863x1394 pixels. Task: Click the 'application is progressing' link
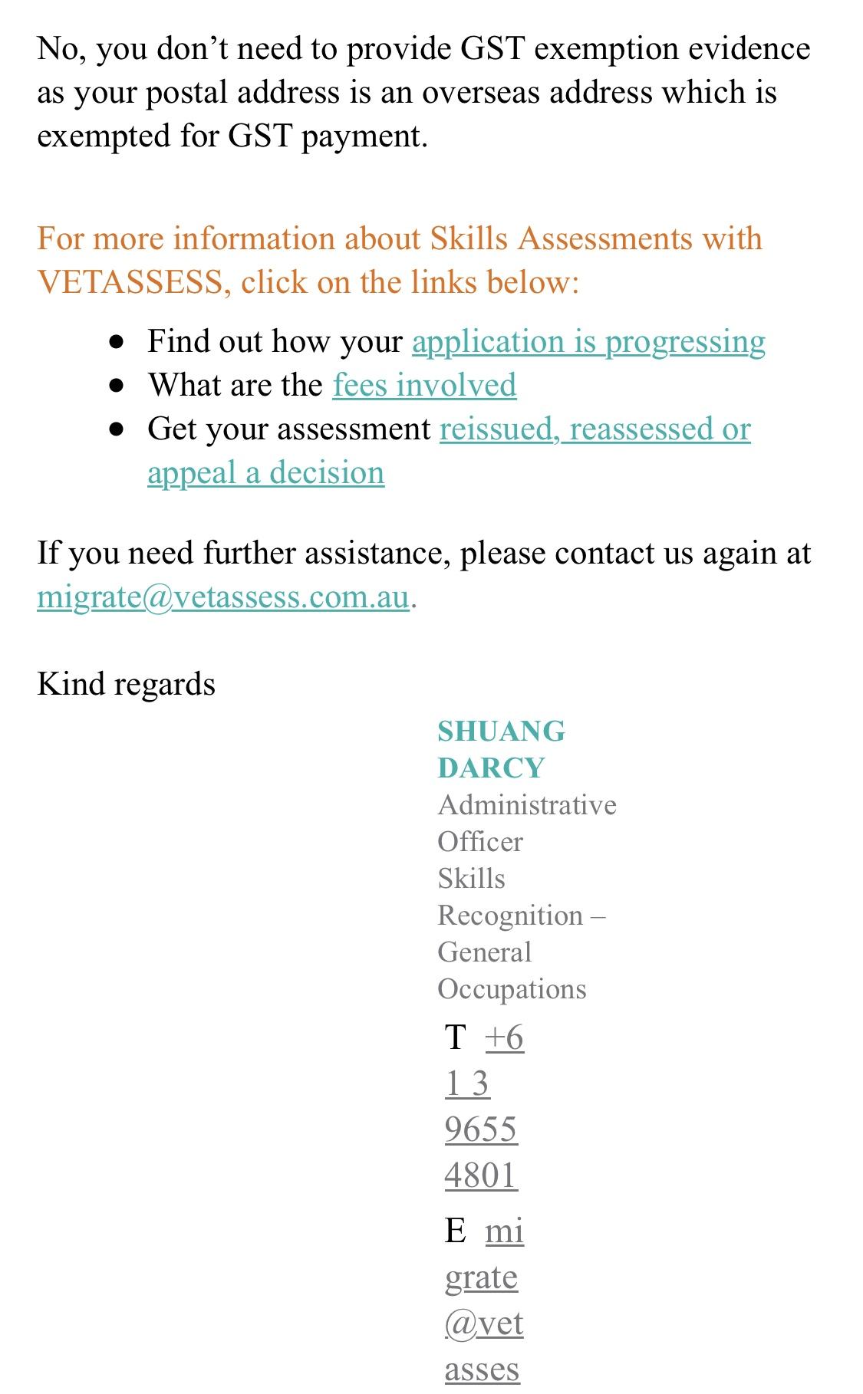pos(588,342)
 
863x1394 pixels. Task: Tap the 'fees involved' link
pos(424,385)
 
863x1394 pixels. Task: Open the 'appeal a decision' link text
pos(265,473)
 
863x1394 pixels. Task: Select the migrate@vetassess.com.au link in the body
pos(222,597)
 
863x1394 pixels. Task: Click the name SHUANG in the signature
pos(501,732)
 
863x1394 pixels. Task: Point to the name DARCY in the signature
pos(491,768)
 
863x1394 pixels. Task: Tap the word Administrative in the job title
pos(527,805)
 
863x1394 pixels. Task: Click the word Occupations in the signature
pos(512,989)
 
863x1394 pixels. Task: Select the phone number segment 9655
pos(481,1129)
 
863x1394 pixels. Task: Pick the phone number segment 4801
pos(481,1175)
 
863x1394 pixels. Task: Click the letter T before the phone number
pos(456,1038)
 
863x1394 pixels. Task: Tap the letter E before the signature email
pos(456,1231)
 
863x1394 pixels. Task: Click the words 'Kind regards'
pos(126,684)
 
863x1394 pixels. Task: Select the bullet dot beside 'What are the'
pos(117,386)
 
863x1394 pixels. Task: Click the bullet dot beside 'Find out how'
pos(117,342)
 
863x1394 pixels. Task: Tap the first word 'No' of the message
pos(58,49)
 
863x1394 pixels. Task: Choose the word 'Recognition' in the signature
pos(510,916)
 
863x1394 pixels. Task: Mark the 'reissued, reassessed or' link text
pos(595,429)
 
